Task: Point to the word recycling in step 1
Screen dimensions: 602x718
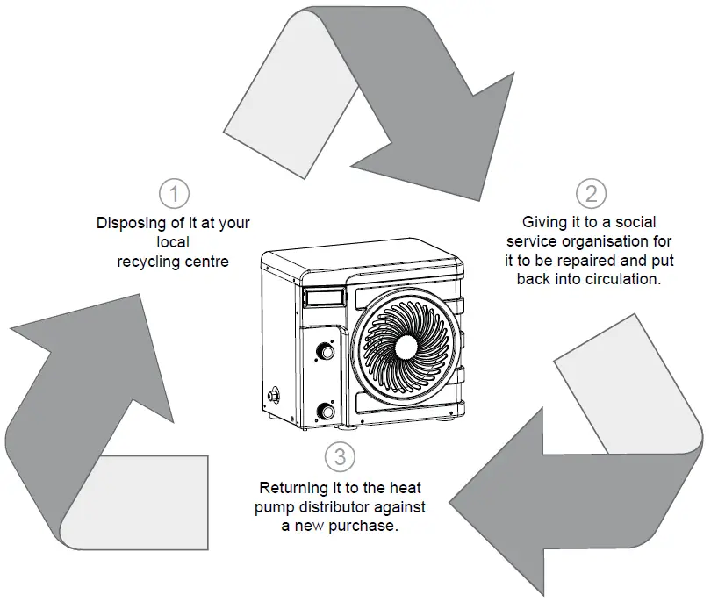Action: coord(147,261)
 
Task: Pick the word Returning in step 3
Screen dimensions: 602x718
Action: coord(291,487)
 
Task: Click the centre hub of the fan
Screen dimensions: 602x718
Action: coord(406,346)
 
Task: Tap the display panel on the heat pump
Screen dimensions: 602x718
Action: coord(322,298)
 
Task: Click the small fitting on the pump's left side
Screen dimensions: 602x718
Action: coord(273,392)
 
